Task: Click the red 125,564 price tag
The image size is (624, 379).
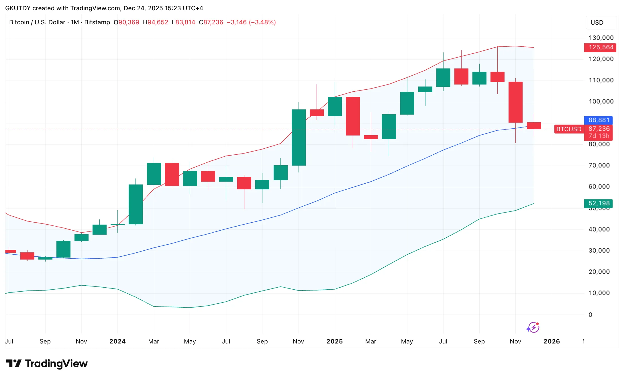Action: (x=601, y=48)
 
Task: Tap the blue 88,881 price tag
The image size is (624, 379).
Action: (x=599, y=120)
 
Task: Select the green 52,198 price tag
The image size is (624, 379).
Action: (x=599, y=203)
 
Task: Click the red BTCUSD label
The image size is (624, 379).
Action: (x=569, y=129)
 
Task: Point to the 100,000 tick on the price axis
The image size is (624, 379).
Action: (x=601, y=101)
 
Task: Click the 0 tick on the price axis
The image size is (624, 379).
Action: (x=590, y=315)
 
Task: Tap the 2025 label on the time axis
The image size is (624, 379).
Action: (x=335, y=341)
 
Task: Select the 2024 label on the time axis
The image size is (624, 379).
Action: (x=117, y=341)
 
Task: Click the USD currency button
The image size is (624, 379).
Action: (x=597, y=23)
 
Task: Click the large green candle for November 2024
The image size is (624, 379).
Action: (x=299, y=138)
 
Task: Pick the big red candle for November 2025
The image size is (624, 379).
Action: (x=515, y=102)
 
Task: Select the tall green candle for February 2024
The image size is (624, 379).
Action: (x=136, y=204)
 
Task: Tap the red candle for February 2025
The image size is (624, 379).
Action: (x=353, y=116)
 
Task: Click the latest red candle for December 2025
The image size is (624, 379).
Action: (x=534, y=125)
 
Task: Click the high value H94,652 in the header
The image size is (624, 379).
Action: (x=156, y=22)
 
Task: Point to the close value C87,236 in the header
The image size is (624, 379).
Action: (x=211, y=22)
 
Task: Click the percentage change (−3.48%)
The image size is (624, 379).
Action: (x=262, y=22)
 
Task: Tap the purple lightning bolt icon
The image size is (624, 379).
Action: (x=533, y=327)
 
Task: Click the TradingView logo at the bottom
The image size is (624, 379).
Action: (x=47, y=364)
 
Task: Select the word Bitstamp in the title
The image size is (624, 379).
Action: (x=97, y=22)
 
